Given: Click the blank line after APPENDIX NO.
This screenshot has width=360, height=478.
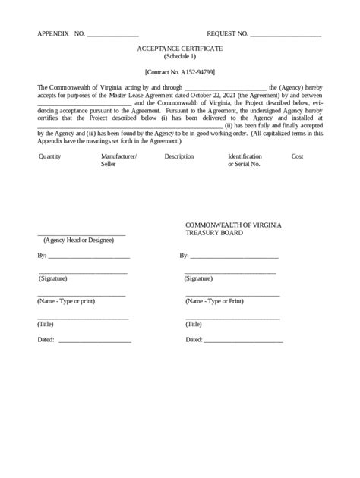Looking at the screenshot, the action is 112,36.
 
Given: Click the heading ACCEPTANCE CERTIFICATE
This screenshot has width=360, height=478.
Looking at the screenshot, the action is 179,48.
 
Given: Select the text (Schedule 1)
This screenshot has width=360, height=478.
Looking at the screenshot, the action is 179,56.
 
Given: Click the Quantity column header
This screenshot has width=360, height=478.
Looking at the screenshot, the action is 49,156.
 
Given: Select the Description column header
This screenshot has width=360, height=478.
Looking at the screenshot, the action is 178,156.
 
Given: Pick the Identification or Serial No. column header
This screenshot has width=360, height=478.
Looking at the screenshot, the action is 245,160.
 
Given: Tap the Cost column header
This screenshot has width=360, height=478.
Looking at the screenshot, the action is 298,156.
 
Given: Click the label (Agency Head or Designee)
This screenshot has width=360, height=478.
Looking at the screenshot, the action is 78,241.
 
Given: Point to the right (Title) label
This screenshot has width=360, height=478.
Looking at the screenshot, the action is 194,324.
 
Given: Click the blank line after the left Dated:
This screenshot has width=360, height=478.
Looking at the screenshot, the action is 94,341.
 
